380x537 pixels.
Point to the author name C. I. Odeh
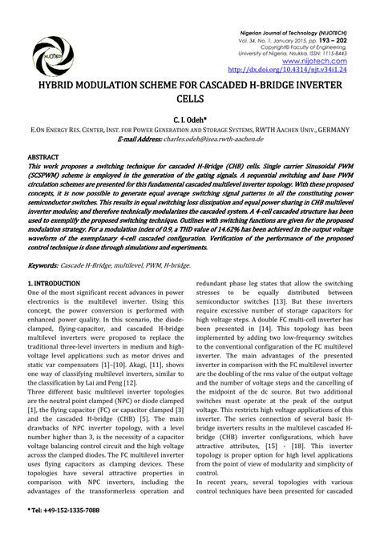tap(189, 118)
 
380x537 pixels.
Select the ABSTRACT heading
tap(45, 157)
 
